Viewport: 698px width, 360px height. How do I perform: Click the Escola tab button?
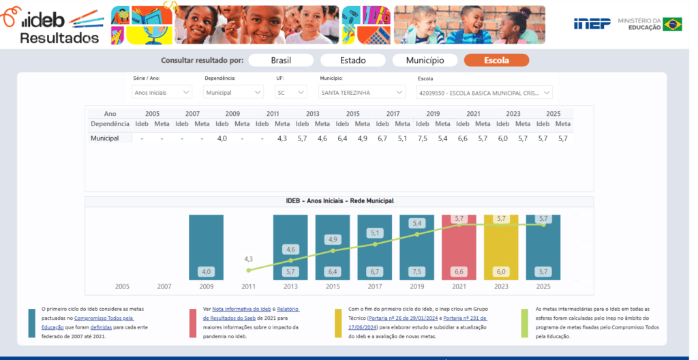(496, 60)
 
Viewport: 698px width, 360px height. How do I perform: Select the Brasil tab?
(281, 60)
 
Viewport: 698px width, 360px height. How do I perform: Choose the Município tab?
(425, 60)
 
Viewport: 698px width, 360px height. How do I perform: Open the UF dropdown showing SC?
(290, 92)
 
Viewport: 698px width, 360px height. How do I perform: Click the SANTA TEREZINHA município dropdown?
(362, 92)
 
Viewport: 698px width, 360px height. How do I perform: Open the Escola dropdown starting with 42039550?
(485, 93)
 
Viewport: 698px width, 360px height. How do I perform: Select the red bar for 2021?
(459, 247)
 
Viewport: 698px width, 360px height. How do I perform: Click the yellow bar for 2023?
(501, 247)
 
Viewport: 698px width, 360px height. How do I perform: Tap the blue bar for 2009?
(206, 247)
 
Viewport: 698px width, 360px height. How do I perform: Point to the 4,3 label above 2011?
(248, 259)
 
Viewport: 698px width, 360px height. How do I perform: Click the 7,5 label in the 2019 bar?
(416, 272)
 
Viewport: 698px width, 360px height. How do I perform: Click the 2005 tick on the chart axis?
(122, 286)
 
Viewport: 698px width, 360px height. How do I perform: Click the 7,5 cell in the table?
(423, 138)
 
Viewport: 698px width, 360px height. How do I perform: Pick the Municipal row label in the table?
(104, 138)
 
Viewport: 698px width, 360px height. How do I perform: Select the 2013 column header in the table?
(312, 114)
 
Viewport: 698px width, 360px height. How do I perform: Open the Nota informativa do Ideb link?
(241, 309)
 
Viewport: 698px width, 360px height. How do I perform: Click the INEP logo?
(592, 24)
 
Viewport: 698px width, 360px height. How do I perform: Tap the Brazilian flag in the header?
(672, 24)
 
